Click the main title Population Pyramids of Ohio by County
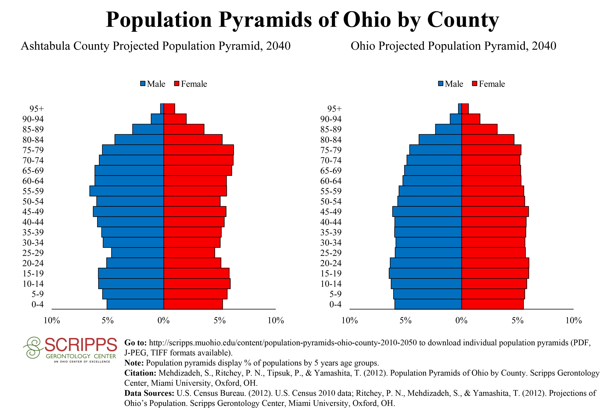302,20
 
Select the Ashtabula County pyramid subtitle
155,46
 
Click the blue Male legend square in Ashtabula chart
143,84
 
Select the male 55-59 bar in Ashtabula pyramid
127,191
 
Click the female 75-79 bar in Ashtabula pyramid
199,150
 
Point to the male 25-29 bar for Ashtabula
137,253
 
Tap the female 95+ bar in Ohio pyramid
465,109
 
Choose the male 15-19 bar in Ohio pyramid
425,273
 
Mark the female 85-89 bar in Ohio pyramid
479,129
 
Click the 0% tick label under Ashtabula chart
164,320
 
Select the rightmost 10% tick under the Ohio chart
573,320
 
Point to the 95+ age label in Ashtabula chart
36,109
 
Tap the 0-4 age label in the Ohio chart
335,304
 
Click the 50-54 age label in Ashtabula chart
33,201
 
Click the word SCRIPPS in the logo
81,345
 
